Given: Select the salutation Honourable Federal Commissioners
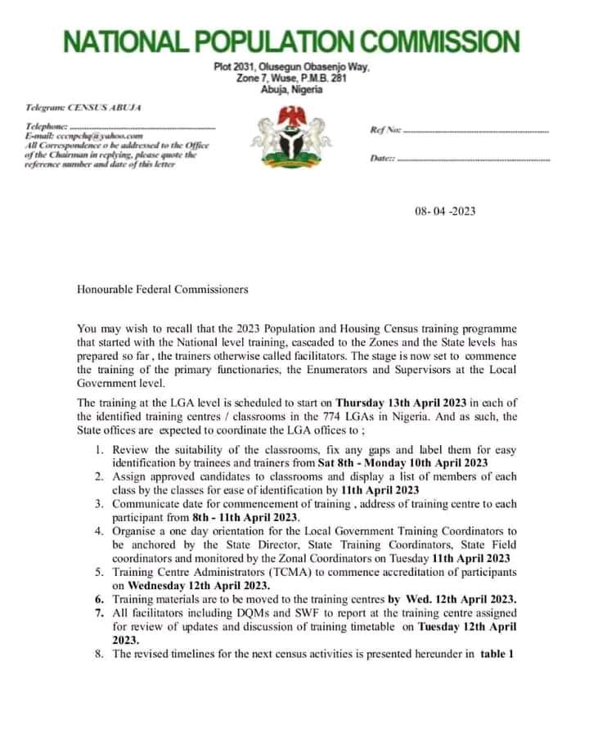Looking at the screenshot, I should (x=162, y=289).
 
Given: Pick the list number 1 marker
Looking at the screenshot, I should (x=98, y=451).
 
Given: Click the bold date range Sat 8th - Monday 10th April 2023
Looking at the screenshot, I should (x=402, y=463).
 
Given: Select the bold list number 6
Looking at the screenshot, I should (x=98, y=599).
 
